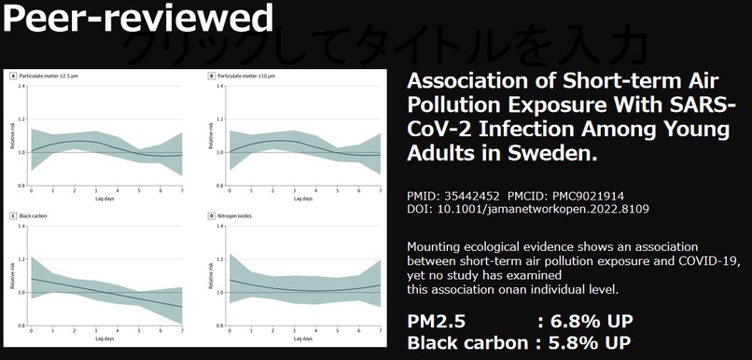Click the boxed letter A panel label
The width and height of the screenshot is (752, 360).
pos(12,75)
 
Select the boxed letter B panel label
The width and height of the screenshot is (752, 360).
pos(212,75)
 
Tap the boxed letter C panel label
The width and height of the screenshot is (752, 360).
pos(12,216)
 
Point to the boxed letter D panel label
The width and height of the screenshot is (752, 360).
pos(212,216)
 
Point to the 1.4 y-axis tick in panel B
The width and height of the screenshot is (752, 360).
pos(220,86)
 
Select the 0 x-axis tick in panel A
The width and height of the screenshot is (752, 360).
pos(31,190)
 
